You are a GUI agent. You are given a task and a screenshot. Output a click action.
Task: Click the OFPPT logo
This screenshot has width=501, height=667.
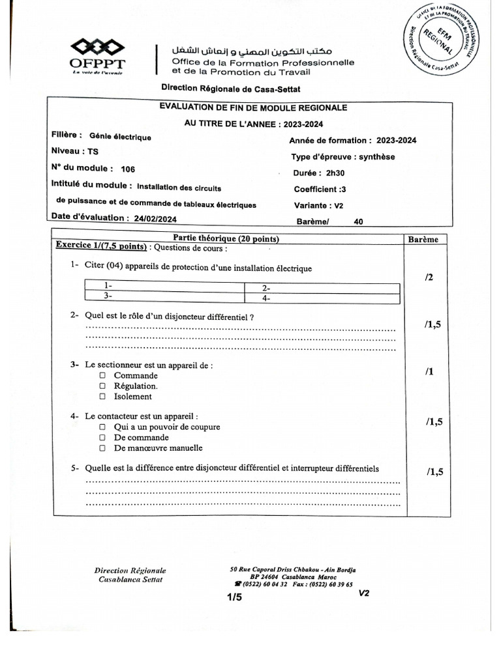(99, 56)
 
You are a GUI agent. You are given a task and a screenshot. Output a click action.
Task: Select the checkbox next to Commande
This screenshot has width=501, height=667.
(103, 376)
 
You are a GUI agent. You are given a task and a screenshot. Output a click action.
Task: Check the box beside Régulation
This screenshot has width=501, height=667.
(103, 386)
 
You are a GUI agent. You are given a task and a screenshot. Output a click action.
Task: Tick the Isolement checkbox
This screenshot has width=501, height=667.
(103, 397)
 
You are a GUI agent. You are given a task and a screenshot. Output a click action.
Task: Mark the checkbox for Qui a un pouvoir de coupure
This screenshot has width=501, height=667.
(103, 427)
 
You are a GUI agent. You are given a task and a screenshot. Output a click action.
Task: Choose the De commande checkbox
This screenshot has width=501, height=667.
(103, 438)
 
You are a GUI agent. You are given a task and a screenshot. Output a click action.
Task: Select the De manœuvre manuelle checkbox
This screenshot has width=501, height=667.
(103, 448)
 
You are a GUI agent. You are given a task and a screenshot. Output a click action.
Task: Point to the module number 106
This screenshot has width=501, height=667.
(137, 168)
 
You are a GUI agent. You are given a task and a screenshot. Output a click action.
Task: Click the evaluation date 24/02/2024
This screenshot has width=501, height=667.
(155, 220)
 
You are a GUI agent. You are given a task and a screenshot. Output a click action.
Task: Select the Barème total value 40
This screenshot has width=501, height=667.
(358, 221)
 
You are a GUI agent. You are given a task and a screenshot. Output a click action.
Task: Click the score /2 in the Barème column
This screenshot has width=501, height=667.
(429, 277)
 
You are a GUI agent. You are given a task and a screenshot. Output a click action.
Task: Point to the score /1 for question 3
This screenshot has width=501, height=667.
(429, 372)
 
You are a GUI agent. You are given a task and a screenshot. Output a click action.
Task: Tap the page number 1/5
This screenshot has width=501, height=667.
(234, 597)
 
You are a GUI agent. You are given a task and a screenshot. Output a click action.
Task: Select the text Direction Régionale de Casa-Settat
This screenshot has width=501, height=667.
(231, 89)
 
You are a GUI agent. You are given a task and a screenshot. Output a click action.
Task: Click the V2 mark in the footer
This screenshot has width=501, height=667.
(364, 593)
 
